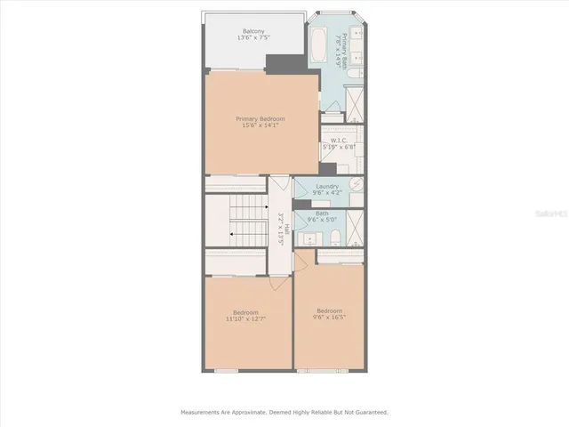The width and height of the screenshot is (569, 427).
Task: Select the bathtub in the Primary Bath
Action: coord(317,44)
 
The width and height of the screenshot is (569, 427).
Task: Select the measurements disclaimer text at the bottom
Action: coord(284,412)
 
